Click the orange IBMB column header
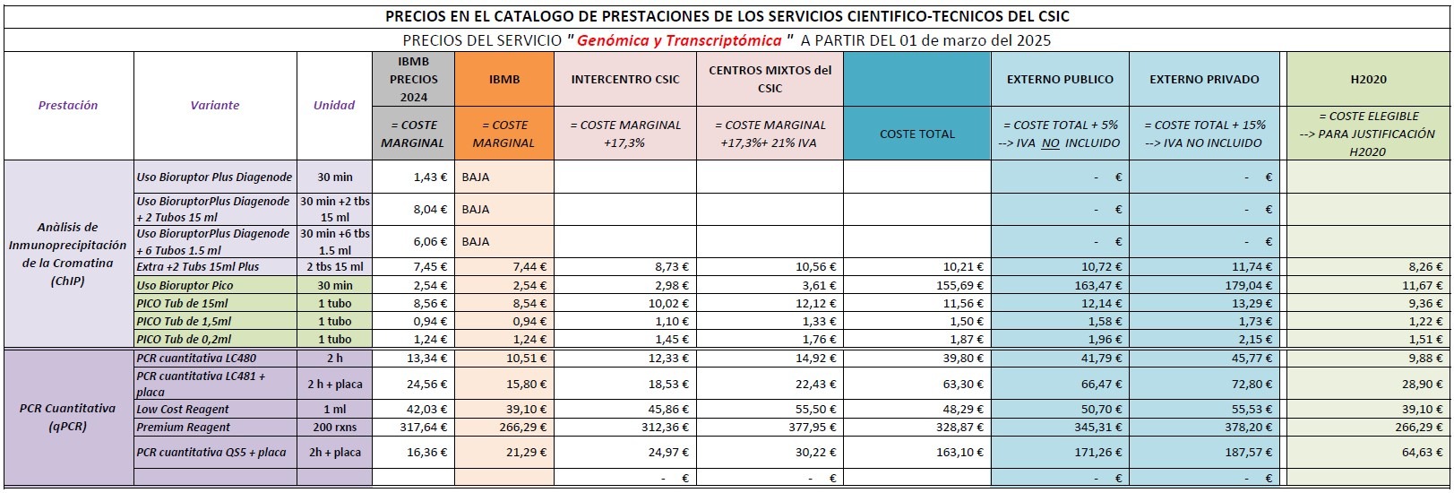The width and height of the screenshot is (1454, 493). (504, 79)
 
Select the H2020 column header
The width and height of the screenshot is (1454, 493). (1368, 79)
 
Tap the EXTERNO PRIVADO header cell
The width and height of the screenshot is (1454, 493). (1204, 79)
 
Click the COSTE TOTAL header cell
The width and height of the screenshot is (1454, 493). (917, 134)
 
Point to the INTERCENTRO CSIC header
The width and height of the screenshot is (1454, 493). (625, 79)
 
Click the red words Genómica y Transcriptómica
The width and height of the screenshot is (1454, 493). (679, 41)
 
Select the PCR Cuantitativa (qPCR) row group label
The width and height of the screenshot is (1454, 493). (67, 417)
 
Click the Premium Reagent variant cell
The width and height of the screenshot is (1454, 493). (183, 428)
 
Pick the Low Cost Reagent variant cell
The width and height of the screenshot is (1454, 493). (183, 410)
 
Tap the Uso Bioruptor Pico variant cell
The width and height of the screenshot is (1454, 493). (185, 285)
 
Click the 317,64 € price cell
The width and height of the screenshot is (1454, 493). (414, 428)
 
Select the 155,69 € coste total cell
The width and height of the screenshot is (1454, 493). (917, 285)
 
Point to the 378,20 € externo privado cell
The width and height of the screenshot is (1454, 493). (1204, 428)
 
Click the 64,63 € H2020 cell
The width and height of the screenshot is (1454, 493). (1368, 452)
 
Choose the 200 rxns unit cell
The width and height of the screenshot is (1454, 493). (334, 428)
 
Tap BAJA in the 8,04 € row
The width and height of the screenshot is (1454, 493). (476, 209)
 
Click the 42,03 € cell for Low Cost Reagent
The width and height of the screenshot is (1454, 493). (414, 410)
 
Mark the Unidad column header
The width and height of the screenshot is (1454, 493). (334, 105)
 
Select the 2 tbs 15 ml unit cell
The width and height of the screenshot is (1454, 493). (334, 267)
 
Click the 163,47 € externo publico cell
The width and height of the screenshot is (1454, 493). (1060, 285)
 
